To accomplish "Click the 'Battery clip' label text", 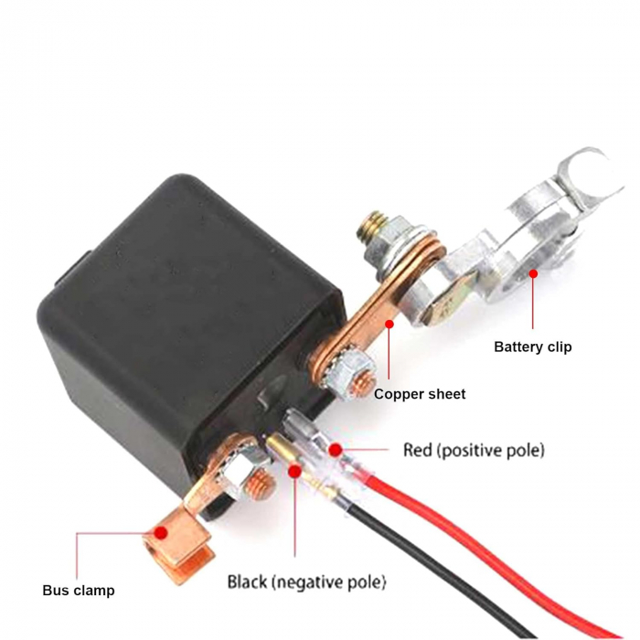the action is click(x=533, y=347).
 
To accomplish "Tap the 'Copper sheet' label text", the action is click(x=420, y=394).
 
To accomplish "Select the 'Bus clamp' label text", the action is click(x=79, y=591).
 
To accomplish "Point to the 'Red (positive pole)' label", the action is click(x=474, y=450).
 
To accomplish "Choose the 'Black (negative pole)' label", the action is click(x=306, y=581).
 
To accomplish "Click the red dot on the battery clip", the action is click(x=533, y=273).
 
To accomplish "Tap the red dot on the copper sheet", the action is click(x=389, y=324).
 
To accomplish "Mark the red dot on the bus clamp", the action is click(x=161, y=533).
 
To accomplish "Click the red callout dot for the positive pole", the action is click(x=336, y=450).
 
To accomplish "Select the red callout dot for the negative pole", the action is click(x=294, y=472).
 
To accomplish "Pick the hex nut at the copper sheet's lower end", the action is click(x=355, y=376).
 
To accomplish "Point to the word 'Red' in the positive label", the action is click(x=418, y=450).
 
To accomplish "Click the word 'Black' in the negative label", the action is click(x=248, y=581).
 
